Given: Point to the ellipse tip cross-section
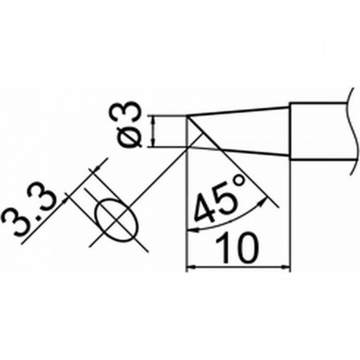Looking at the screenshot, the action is point(117,220).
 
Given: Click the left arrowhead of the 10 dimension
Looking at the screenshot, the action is point(191,267).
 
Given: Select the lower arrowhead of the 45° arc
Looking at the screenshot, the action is point(192,230).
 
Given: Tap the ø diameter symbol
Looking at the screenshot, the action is point(130,136).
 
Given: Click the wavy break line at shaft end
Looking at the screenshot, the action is point(353,131).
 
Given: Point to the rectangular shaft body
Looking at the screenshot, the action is point(319,131).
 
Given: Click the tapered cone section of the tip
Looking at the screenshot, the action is point(238,131).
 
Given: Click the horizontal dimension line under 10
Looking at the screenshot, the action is point(239,267).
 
